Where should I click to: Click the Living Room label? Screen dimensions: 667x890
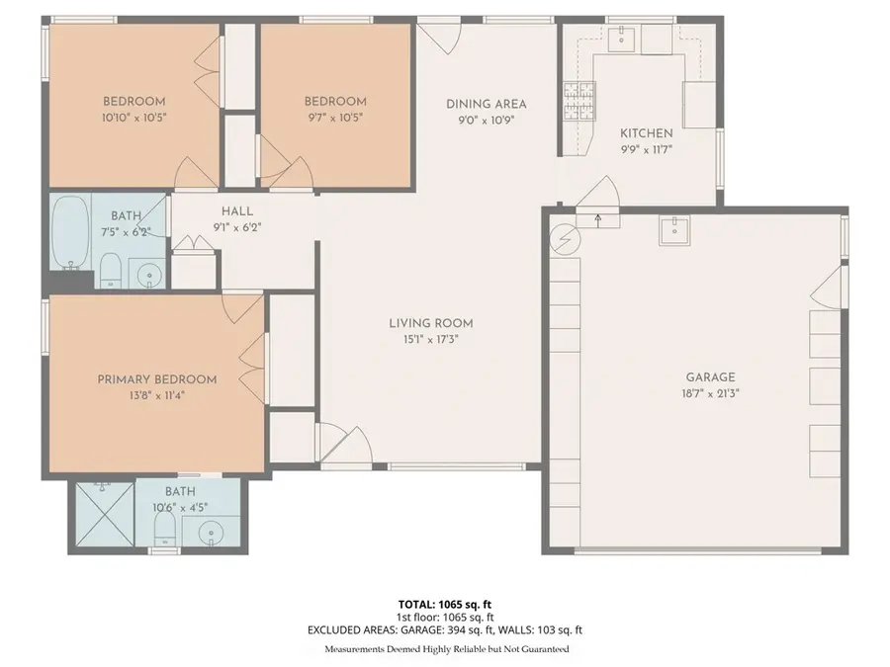click(430, 323)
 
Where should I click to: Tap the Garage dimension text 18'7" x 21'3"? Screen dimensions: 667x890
click(710, 392)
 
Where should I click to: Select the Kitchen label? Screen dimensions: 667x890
click(646, 133)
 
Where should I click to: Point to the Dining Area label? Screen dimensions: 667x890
click(486, 104)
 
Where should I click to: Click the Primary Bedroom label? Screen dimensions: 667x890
click(156, 379)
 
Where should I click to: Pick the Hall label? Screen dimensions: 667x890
click(237, 210)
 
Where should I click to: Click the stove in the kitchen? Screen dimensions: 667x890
click(580, 99)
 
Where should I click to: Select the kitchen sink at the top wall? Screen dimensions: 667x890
click(622, 39)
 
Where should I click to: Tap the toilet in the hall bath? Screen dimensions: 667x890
click(110, 269)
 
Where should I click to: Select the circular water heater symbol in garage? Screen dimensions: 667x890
click(564, 239)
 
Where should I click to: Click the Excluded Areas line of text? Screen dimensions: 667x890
click(444, 629)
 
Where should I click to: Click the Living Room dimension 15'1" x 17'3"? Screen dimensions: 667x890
click(430, 339)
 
